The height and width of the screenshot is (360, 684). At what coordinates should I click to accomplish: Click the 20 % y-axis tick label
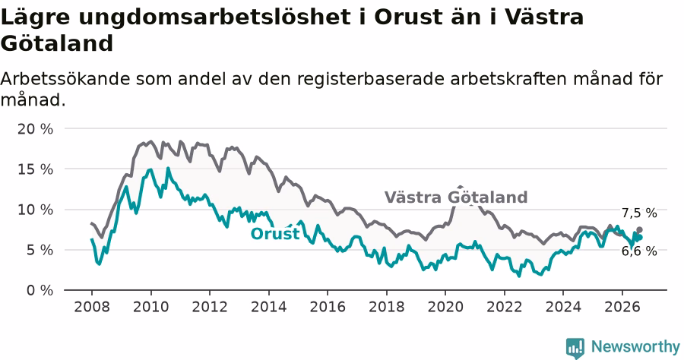click(x=35, y=129)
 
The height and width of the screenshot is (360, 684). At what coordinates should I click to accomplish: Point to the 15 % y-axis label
click(x=35, y=169)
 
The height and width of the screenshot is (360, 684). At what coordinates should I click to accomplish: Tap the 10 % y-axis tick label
click(x=35, y=210)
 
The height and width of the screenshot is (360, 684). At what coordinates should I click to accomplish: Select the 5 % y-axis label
click(x=40, y=250)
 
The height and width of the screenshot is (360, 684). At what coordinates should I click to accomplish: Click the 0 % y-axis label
click(x=40, y=290)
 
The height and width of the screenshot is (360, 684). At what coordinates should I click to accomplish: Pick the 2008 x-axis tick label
click(x=92, y=307)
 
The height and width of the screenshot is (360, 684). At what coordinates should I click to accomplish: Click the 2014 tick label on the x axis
click(x=269, y=307)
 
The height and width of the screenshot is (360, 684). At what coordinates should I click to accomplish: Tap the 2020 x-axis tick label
click(x=445, y=307)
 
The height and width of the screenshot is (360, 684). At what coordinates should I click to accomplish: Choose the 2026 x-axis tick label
click(x=622, y=307)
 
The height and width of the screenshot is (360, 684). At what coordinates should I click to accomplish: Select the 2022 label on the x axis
click(x=505, y=307)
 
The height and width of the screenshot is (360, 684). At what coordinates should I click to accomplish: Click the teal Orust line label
click(x=275, y=234)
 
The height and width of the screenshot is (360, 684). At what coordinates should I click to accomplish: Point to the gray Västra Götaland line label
click(x=456, y=197)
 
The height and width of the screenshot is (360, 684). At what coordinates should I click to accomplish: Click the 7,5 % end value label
click(x=639, y=213)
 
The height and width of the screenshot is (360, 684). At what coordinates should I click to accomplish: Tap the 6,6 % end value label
click(x=639, y=251)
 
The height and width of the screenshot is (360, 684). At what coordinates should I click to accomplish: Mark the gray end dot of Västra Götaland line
click(x=639, y=229)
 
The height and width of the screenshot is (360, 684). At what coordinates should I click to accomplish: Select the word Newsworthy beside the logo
click(x=635, y=347)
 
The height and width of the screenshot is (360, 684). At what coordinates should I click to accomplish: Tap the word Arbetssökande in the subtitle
click(x=65, y=79)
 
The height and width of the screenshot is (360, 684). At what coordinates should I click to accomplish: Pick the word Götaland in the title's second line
click(x=57, y=43)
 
